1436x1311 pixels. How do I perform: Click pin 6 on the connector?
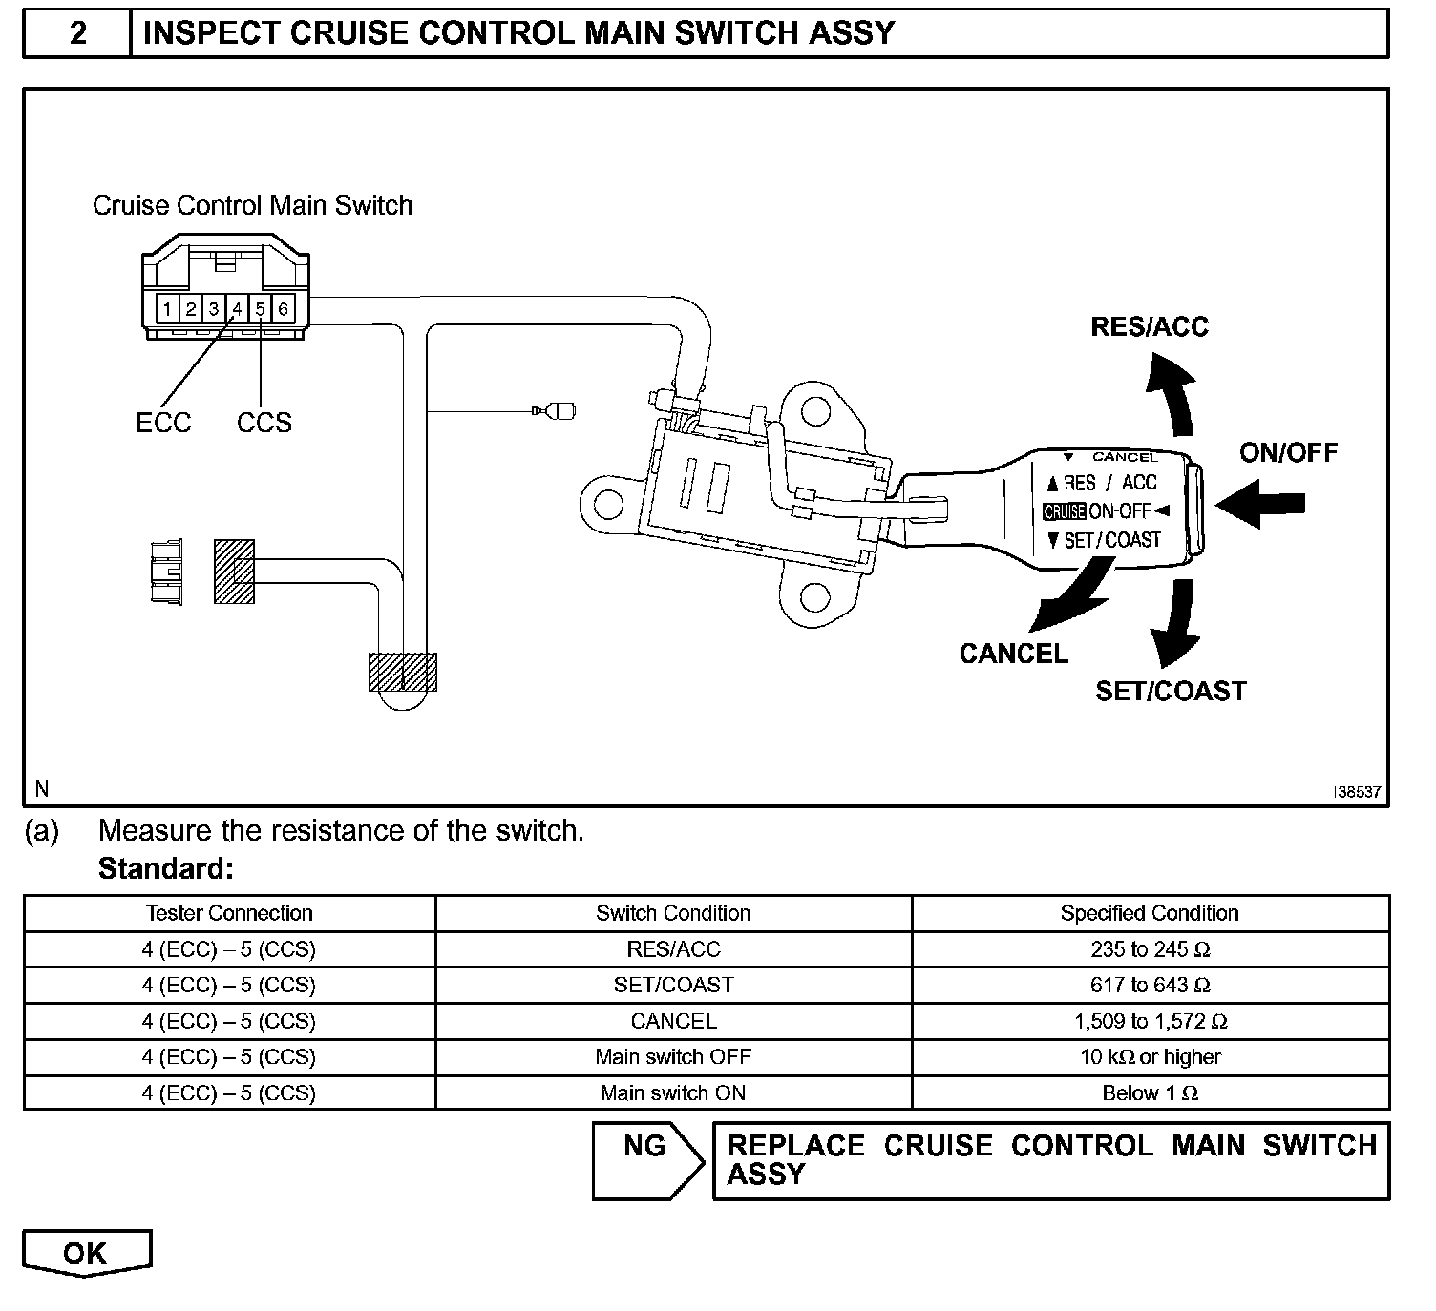[x=284, y=309]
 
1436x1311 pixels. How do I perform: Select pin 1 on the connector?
[x=167, y=309]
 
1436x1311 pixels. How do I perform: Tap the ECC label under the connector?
[x=163, y=423]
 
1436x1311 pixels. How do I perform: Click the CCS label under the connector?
[x=264, y=423]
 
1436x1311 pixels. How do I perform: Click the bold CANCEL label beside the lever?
[x=1013, y=654]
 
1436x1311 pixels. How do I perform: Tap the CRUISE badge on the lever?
[x=1064, y=511]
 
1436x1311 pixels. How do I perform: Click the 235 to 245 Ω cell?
[x=1150, y=949]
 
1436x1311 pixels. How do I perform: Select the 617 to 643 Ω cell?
[x=1150, y=985]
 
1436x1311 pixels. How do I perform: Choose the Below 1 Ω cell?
[x=1150, y=1093]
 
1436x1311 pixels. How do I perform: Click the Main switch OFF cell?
[x=673, y=1057]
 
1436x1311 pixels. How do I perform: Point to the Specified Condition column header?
[x=1150, y=913]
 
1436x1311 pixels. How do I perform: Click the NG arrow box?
[x=646, y=1160]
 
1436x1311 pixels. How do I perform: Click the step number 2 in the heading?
[x=77, y=33]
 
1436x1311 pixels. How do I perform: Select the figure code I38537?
[x=1357, y=792]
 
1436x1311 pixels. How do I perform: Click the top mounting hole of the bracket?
[x=814, y=412]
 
